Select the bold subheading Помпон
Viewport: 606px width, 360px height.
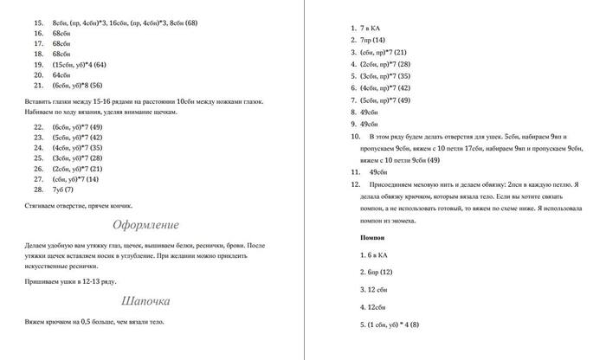click(373, 236)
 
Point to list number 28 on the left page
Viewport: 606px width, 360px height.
click(37, 189)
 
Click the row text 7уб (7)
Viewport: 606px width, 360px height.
click(62, 189)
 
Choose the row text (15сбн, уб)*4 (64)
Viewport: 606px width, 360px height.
click(79, 64)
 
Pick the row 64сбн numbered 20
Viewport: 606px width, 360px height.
click(61, 74)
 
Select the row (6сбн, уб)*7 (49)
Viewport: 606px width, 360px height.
click(77, 126)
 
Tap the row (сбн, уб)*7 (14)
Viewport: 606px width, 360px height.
click(76, 178)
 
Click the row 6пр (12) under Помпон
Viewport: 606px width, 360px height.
click(373, 272)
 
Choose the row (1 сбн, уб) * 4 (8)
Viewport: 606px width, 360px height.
click(389, 325)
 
